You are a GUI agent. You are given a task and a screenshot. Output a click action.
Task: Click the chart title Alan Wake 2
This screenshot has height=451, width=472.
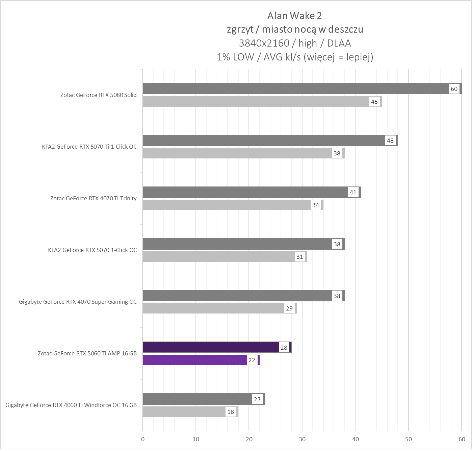[294, 16]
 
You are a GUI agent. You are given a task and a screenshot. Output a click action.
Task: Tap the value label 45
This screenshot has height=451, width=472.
[374, 102]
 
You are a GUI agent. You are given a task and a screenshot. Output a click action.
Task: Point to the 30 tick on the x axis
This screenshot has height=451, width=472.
[302, 439]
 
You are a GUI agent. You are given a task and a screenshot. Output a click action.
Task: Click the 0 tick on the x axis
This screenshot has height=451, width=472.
[143, 439]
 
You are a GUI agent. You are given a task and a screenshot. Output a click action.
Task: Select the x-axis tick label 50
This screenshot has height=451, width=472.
[409, 439]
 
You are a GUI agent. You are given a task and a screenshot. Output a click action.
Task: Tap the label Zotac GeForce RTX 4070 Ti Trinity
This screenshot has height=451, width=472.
[94, 198]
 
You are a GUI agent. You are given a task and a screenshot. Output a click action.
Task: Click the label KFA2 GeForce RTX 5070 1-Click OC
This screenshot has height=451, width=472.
[93, 250]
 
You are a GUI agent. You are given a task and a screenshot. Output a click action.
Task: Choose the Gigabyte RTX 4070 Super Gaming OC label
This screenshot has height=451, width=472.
[78, 302]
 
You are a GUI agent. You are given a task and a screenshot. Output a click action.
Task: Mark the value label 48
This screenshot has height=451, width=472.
[390, 141]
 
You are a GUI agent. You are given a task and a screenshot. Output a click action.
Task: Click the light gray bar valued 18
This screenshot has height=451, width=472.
[184, 412]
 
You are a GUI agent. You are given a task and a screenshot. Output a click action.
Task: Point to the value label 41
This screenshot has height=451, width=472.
[353, 192]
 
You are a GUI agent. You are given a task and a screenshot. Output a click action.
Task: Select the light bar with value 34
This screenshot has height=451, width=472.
[226, 205]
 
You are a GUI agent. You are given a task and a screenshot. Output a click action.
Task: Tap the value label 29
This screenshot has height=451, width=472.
[289, 308]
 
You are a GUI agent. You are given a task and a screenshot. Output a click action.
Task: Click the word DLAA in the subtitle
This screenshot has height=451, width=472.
[339, 43]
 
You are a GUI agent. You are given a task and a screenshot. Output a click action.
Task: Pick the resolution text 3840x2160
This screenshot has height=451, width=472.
[264, 43]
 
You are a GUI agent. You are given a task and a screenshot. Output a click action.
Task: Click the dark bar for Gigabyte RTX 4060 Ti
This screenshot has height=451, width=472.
[198, 399]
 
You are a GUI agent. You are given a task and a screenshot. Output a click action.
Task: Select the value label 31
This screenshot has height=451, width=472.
[300, 257]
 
